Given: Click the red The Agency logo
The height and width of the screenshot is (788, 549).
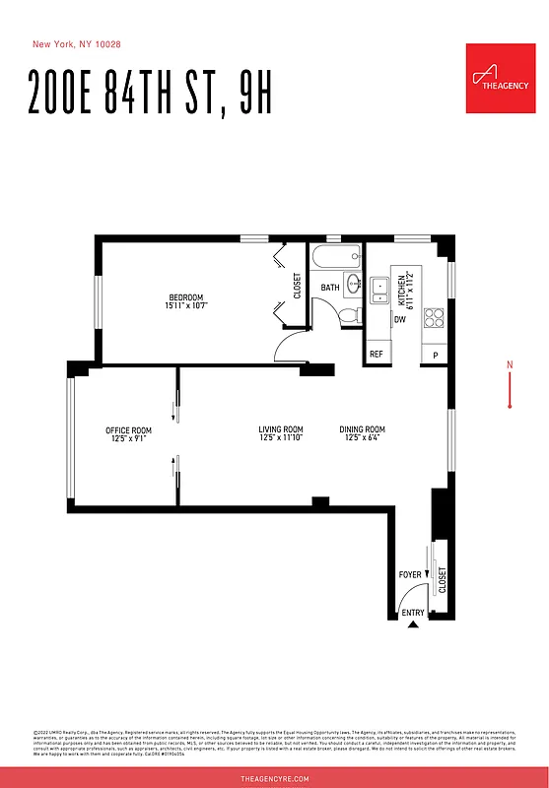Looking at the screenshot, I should click(x=501, y=77).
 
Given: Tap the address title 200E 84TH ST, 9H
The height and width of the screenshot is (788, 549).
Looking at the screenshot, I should click(x=151, y=93).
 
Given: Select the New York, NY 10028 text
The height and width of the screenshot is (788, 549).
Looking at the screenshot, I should click(x=78, y=44).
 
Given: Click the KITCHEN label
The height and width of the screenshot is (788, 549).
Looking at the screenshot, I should click(x=401, y=287).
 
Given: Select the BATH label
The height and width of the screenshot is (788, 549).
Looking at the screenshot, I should click(x=330, y=289).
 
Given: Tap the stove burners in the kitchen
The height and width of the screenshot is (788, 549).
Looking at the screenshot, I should click(x=434, y=317).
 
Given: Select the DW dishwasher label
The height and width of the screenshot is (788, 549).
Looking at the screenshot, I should click(x=400, y=319).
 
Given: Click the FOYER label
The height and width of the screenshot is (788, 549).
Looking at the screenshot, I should click(x=409, y=574).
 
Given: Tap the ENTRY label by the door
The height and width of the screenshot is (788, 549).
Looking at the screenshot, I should click(x=413, y=614).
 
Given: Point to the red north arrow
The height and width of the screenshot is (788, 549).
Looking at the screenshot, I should click(x=510, y=386).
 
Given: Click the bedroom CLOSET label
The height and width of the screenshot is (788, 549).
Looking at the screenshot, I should click(x=297, y=286).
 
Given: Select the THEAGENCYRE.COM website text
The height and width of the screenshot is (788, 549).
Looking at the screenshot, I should click(x=275, y=778).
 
